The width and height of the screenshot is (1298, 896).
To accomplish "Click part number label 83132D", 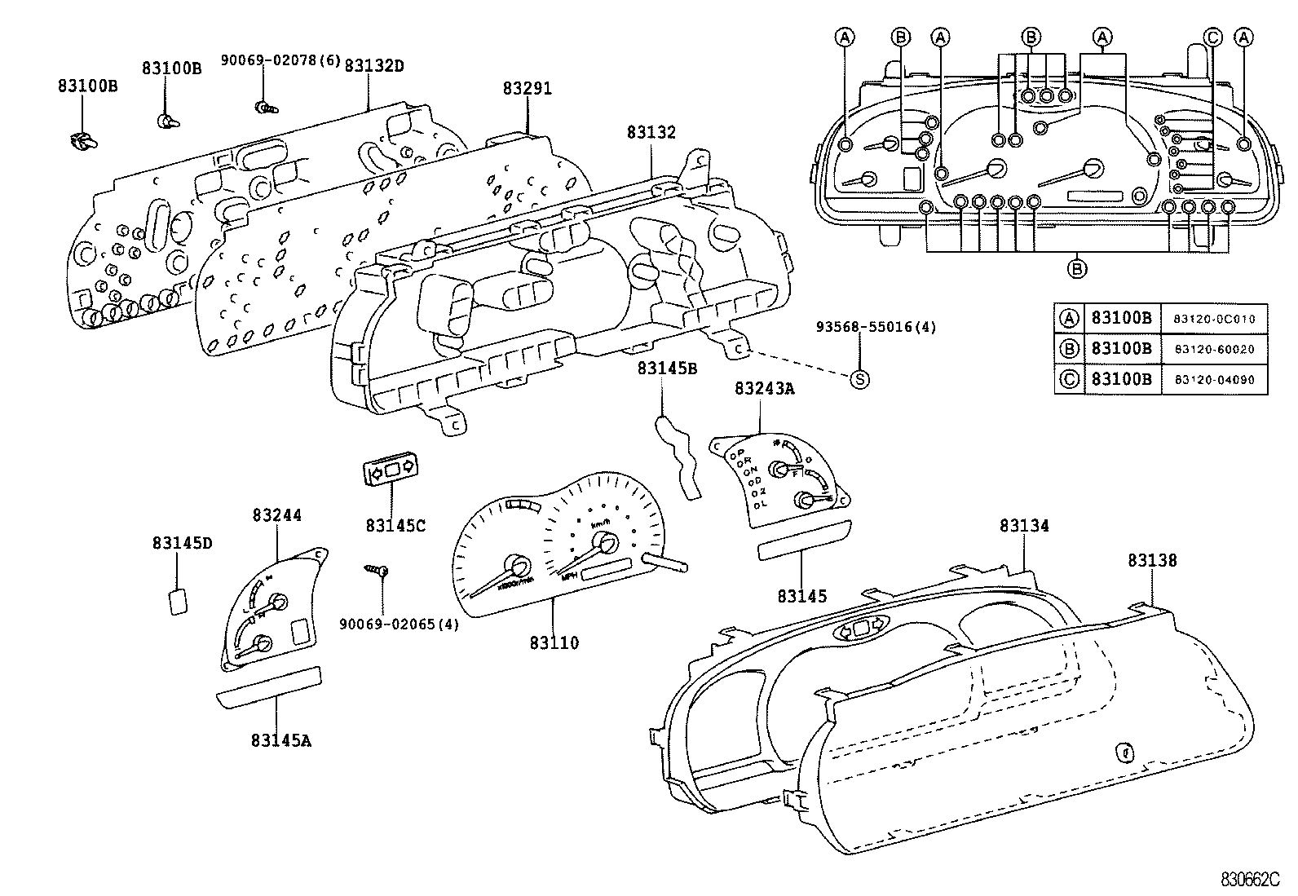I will tap(373, 65).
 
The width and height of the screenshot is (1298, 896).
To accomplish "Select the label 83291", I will tap(527, 89).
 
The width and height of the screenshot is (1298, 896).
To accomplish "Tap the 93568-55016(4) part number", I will tap(876, 328).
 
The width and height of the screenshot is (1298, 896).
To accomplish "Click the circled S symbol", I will tap(859, 378).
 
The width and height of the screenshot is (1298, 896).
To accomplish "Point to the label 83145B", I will tap(667, 369).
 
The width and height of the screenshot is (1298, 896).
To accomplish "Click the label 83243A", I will tap(764, 389).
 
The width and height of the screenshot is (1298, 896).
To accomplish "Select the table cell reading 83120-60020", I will tap(1214, 349).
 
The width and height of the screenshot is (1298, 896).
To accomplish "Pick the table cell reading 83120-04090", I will tap(1214, 379).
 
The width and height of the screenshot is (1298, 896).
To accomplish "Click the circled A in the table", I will tap(1069, 319).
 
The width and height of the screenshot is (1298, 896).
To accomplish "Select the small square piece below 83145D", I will tap(178, 601).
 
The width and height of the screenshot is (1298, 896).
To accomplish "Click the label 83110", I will tap(554, 643).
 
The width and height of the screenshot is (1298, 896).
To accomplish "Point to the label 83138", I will tap(1152, 561).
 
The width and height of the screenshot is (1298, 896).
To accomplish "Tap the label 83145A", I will tap(280, 740).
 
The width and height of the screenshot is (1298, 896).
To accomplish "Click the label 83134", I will tap(1024, 527).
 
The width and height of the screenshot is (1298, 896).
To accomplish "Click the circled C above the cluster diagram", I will tap(1213, 37).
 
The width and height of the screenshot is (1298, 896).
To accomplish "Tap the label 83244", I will tap(276, 515).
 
